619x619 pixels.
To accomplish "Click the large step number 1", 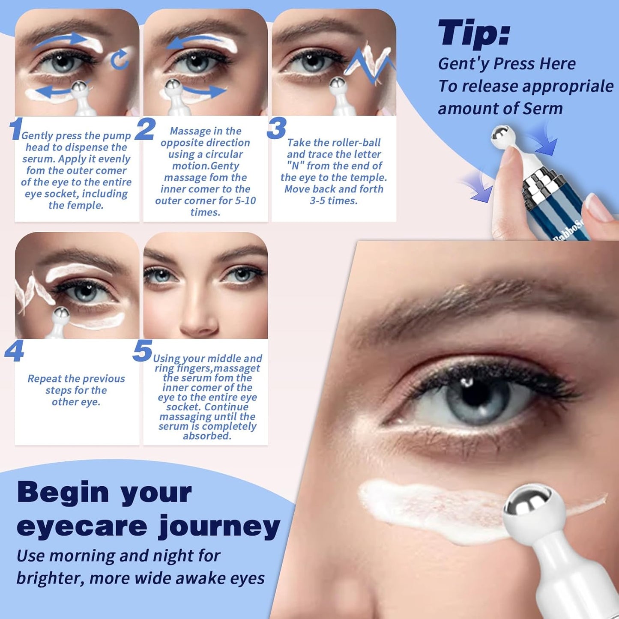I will pos(16,129).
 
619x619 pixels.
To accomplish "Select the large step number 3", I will pos(276,128).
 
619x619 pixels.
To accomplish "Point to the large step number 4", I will pos(14,352).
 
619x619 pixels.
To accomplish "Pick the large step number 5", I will pos(142,351).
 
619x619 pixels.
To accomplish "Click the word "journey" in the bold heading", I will pos(219,526).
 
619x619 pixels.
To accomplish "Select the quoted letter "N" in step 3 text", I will pos(295,166).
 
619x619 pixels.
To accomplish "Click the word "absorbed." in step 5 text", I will pos(207,436).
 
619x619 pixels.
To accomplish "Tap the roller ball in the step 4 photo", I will pos(61,314).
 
